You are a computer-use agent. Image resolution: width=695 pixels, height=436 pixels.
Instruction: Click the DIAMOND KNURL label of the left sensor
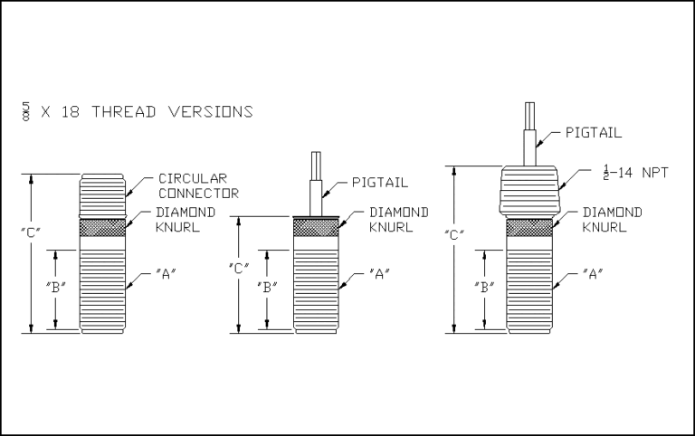[x=186, y=219]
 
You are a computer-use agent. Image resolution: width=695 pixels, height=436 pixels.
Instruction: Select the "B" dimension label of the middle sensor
[x=266, y=289]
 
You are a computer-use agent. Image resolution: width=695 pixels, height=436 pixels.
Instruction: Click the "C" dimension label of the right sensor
[x=455, y=235]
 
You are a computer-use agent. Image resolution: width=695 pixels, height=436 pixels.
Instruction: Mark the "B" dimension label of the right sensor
[x=484, y=288]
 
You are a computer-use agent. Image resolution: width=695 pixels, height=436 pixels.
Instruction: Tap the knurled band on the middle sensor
[x=316, y=227]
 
